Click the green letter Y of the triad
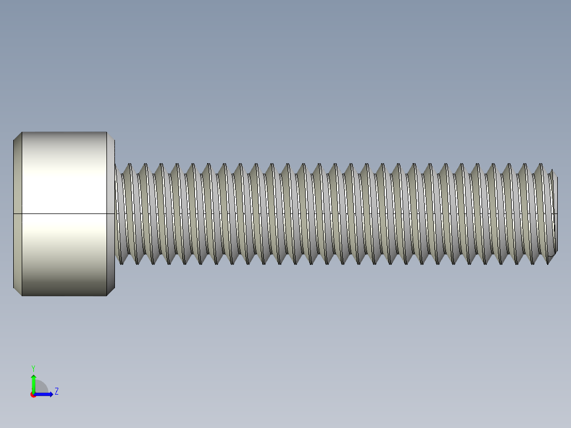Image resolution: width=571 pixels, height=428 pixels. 33,367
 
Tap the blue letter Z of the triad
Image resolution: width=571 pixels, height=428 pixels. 57,391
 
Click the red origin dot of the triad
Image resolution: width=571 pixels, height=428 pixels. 33,395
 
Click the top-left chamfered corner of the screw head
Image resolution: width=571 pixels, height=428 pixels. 17,136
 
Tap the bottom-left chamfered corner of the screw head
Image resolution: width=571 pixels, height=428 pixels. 17,291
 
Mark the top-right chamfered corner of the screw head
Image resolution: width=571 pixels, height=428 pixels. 111,136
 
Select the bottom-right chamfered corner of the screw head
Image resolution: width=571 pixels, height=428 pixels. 111,291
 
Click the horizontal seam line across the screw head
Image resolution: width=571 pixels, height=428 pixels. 64,213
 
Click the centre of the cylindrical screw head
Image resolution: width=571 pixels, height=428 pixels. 64,185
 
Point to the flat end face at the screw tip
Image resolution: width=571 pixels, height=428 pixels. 555,214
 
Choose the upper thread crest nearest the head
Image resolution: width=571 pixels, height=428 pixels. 127,165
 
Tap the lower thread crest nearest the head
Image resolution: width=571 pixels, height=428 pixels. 121,262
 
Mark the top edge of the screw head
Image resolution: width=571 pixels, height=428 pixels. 64,132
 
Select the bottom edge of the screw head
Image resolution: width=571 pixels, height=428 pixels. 64,295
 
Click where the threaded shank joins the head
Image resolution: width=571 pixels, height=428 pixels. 115,214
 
